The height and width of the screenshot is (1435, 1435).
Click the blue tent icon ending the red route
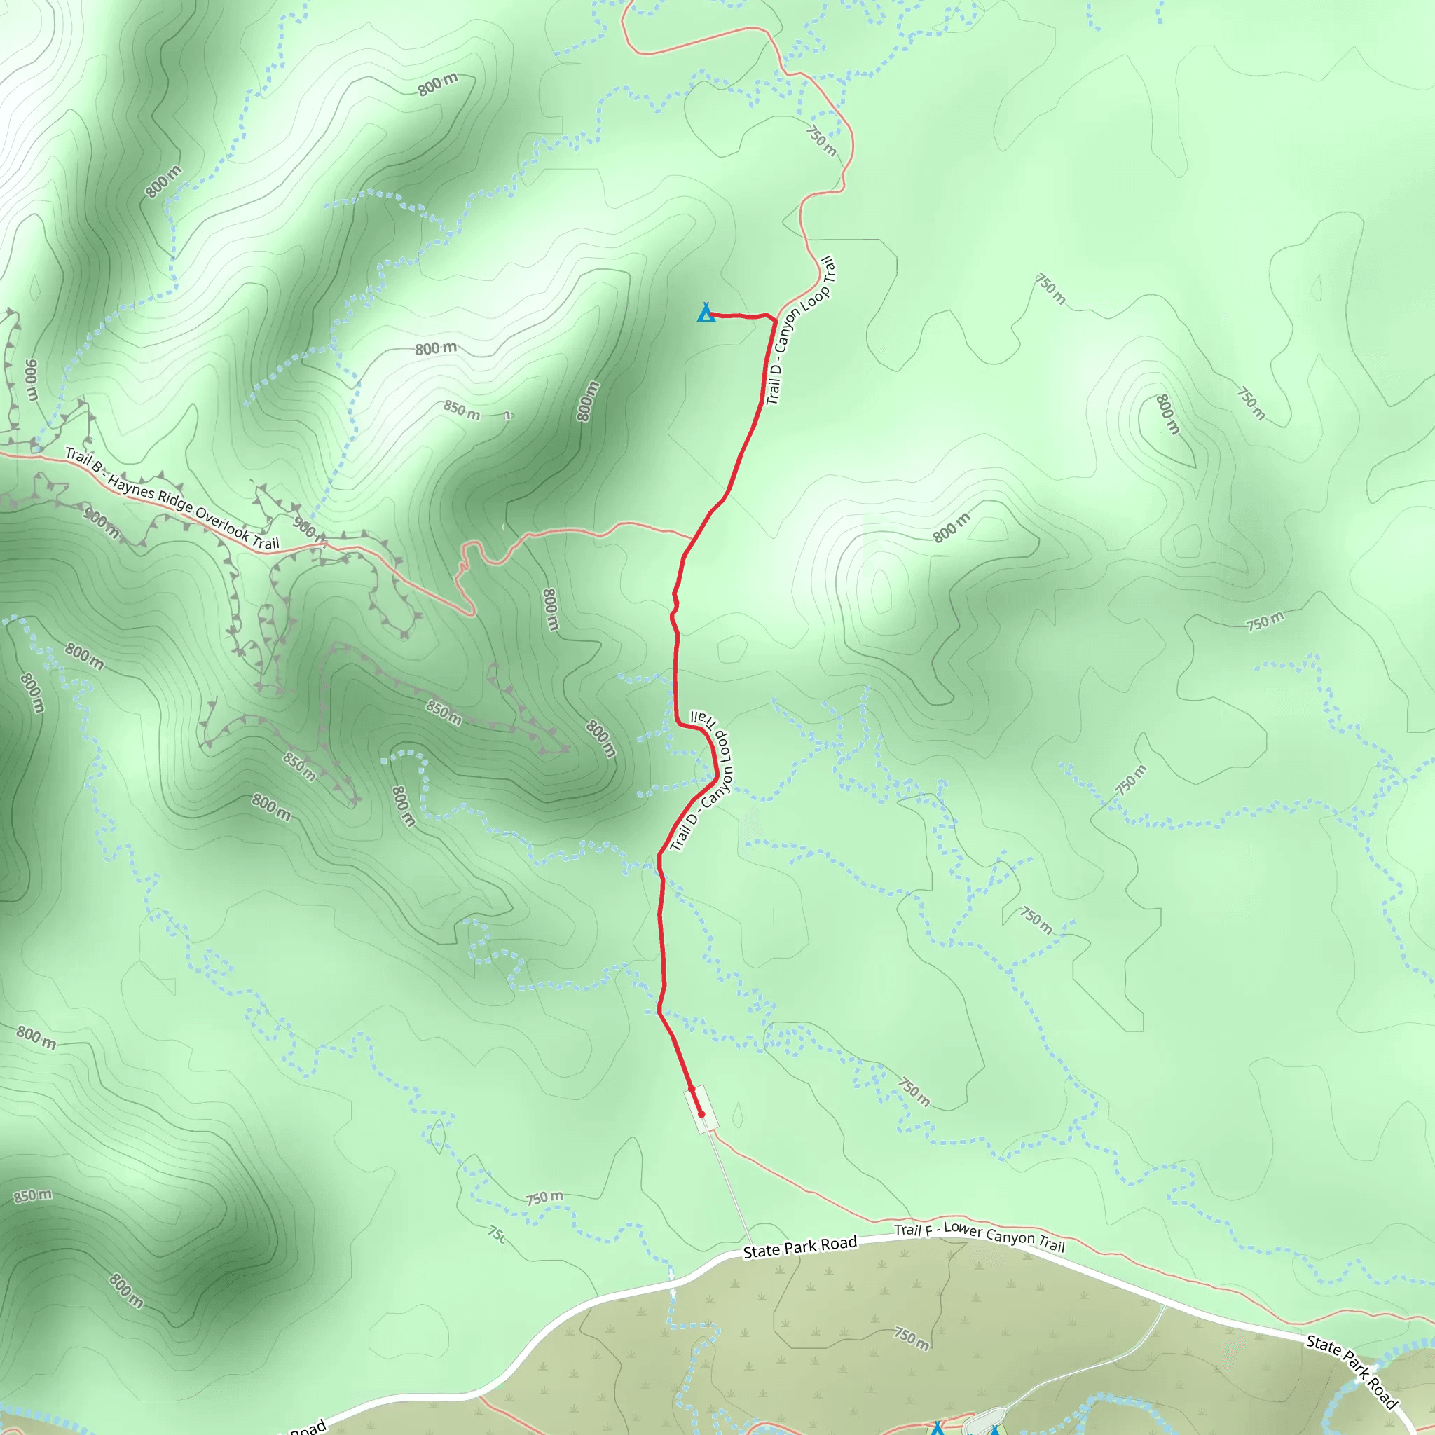(706, 313)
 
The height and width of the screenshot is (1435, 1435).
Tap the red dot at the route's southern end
(701, 1114)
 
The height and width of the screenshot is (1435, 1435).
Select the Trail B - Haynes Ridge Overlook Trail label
(172, 498)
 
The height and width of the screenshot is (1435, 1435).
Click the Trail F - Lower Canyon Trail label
(979, 1237)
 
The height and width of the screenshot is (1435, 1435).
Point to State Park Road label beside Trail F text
(800, 1247)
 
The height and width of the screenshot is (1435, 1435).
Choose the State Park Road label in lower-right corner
(1352, 1371)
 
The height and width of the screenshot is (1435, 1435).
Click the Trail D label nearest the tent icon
(800, 331)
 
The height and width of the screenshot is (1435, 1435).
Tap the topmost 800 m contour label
(437, 85)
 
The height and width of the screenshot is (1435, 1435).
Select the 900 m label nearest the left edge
(32, 379)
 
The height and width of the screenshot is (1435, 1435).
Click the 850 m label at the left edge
(33, 1196)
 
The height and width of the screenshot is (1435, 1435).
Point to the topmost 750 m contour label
(821, 140)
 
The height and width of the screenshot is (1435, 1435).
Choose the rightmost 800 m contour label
(1167, 413)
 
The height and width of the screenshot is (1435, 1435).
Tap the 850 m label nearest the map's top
(461, 409)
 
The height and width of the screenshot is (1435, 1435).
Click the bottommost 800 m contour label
(126, 1291)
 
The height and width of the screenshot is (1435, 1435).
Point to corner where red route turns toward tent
(776, 321)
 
